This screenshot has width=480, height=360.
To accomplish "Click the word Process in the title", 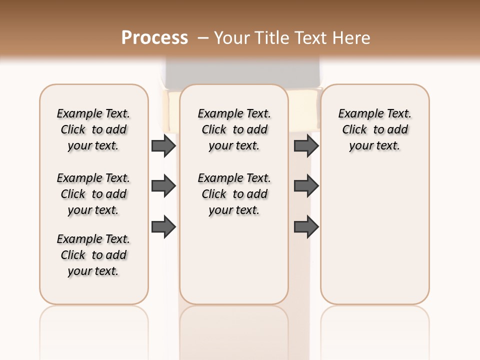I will coord(154,38).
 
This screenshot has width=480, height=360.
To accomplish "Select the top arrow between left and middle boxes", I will coord(163,146).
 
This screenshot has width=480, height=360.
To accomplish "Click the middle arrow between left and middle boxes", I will coord(163,186).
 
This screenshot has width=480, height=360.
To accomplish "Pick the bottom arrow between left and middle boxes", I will coord(163,227).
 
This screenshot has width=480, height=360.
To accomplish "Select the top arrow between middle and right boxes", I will coord(306,146).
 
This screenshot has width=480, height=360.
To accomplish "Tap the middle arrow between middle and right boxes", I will coord(306,186).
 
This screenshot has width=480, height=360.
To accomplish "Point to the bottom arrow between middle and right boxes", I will coord(306,227).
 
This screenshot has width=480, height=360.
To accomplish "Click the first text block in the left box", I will coord(93,129).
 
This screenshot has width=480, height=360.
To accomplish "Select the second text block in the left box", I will coord(93,194).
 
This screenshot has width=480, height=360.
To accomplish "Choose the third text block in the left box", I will coord(93,255).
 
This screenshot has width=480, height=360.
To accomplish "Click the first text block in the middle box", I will coord(234,129).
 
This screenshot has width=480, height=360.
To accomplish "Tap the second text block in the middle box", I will coord(234,194).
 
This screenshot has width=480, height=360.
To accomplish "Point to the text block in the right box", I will coord(374,129).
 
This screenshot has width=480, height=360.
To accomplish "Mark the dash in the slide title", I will coord(203,38).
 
